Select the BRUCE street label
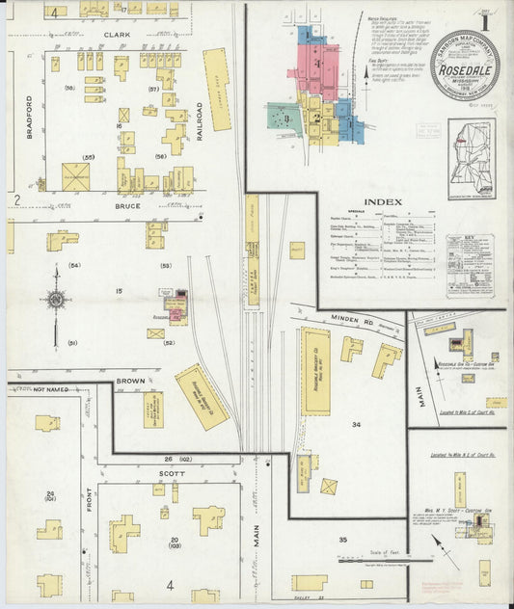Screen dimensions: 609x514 click(128, 205)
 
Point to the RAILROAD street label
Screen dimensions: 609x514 click(199, 121)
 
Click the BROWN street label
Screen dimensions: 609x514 click(131, 382)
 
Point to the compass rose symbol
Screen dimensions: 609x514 click(55, 299)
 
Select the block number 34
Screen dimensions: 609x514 click(356, 424)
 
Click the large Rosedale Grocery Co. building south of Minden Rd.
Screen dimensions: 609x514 click(314, 370)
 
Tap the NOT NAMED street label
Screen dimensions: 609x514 click(52, 389)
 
